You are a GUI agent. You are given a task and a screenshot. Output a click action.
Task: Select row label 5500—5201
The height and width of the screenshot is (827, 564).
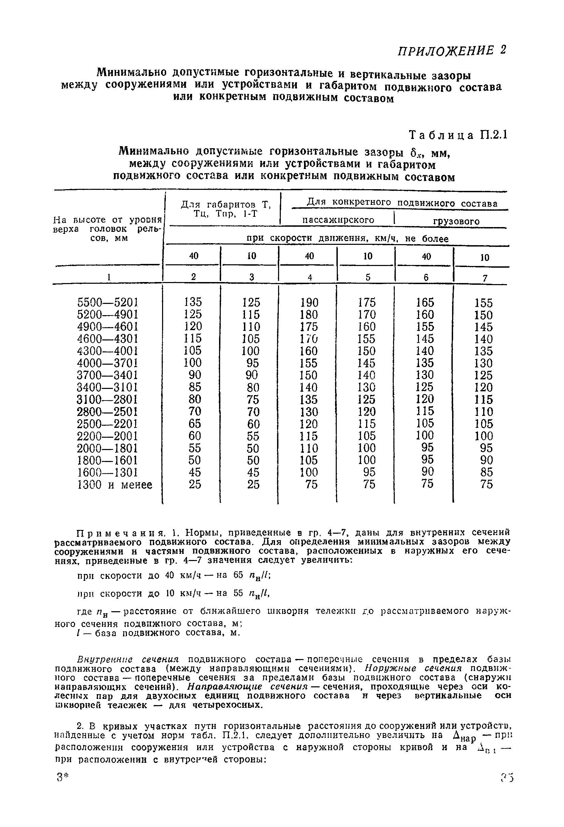(107, 303)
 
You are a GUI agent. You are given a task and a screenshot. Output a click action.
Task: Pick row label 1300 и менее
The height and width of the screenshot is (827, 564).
(115, 485)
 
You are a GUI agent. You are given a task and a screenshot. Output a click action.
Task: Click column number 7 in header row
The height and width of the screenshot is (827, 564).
(485, 278)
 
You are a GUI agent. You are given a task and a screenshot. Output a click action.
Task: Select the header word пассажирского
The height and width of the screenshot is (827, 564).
(338, 220)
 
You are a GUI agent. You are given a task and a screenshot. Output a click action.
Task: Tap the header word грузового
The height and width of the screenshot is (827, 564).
(456, 221)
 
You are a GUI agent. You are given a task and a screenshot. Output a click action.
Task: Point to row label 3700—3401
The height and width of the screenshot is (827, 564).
(107, 375)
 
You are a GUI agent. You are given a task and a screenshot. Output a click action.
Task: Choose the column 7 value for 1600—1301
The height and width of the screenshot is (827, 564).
(486, 472)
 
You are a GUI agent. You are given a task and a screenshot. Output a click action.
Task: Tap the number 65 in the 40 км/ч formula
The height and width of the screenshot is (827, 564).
(238, 575)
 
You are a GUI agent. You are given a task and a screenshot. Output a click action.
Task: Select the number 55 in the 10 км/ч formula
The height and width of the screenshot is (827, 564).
(238, 593)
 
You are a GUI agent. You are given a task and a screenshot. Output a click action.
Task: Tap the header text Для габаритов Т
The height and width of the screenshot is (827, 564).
(226, 205)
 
